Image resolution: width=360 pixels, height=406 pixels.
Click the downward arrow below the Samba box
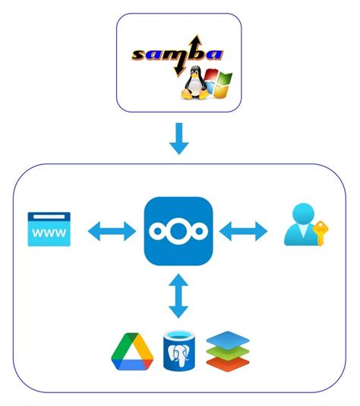[178, 138]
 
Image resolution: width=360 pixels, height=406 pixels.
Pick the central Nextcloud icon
[178, 231]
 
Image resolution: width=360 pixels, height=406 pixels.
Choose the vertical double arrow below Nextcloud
[178, 296]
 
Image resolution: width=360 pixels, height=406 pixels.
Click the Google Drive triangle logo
[133, 351]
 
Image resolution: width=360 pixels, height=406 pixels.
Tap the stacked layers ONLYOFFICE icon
[227, 350]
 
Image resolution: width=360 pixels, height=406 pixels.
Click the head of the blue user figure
[302, 217]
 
